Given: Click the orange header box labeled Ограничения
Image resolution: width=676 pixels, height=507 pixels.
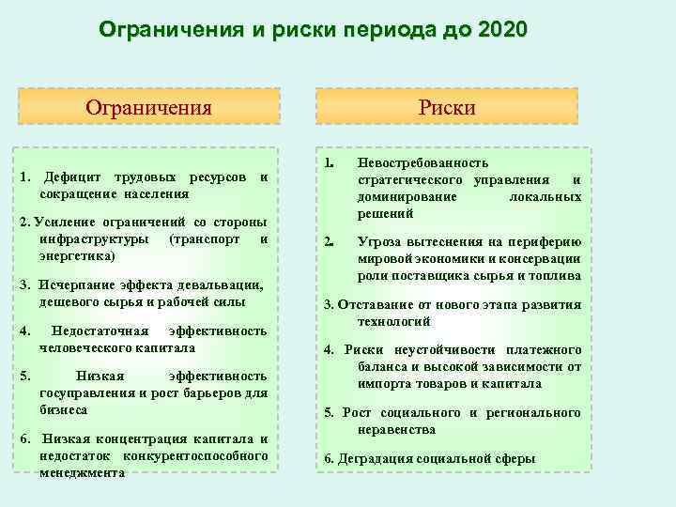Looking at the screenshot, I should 149,106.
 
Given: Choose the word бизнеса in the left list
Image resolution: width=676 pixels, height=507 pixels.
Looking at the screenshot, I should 63,409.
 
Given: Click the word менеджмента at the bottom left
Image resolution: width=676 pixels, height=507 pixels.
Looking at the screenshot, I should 82,472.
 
